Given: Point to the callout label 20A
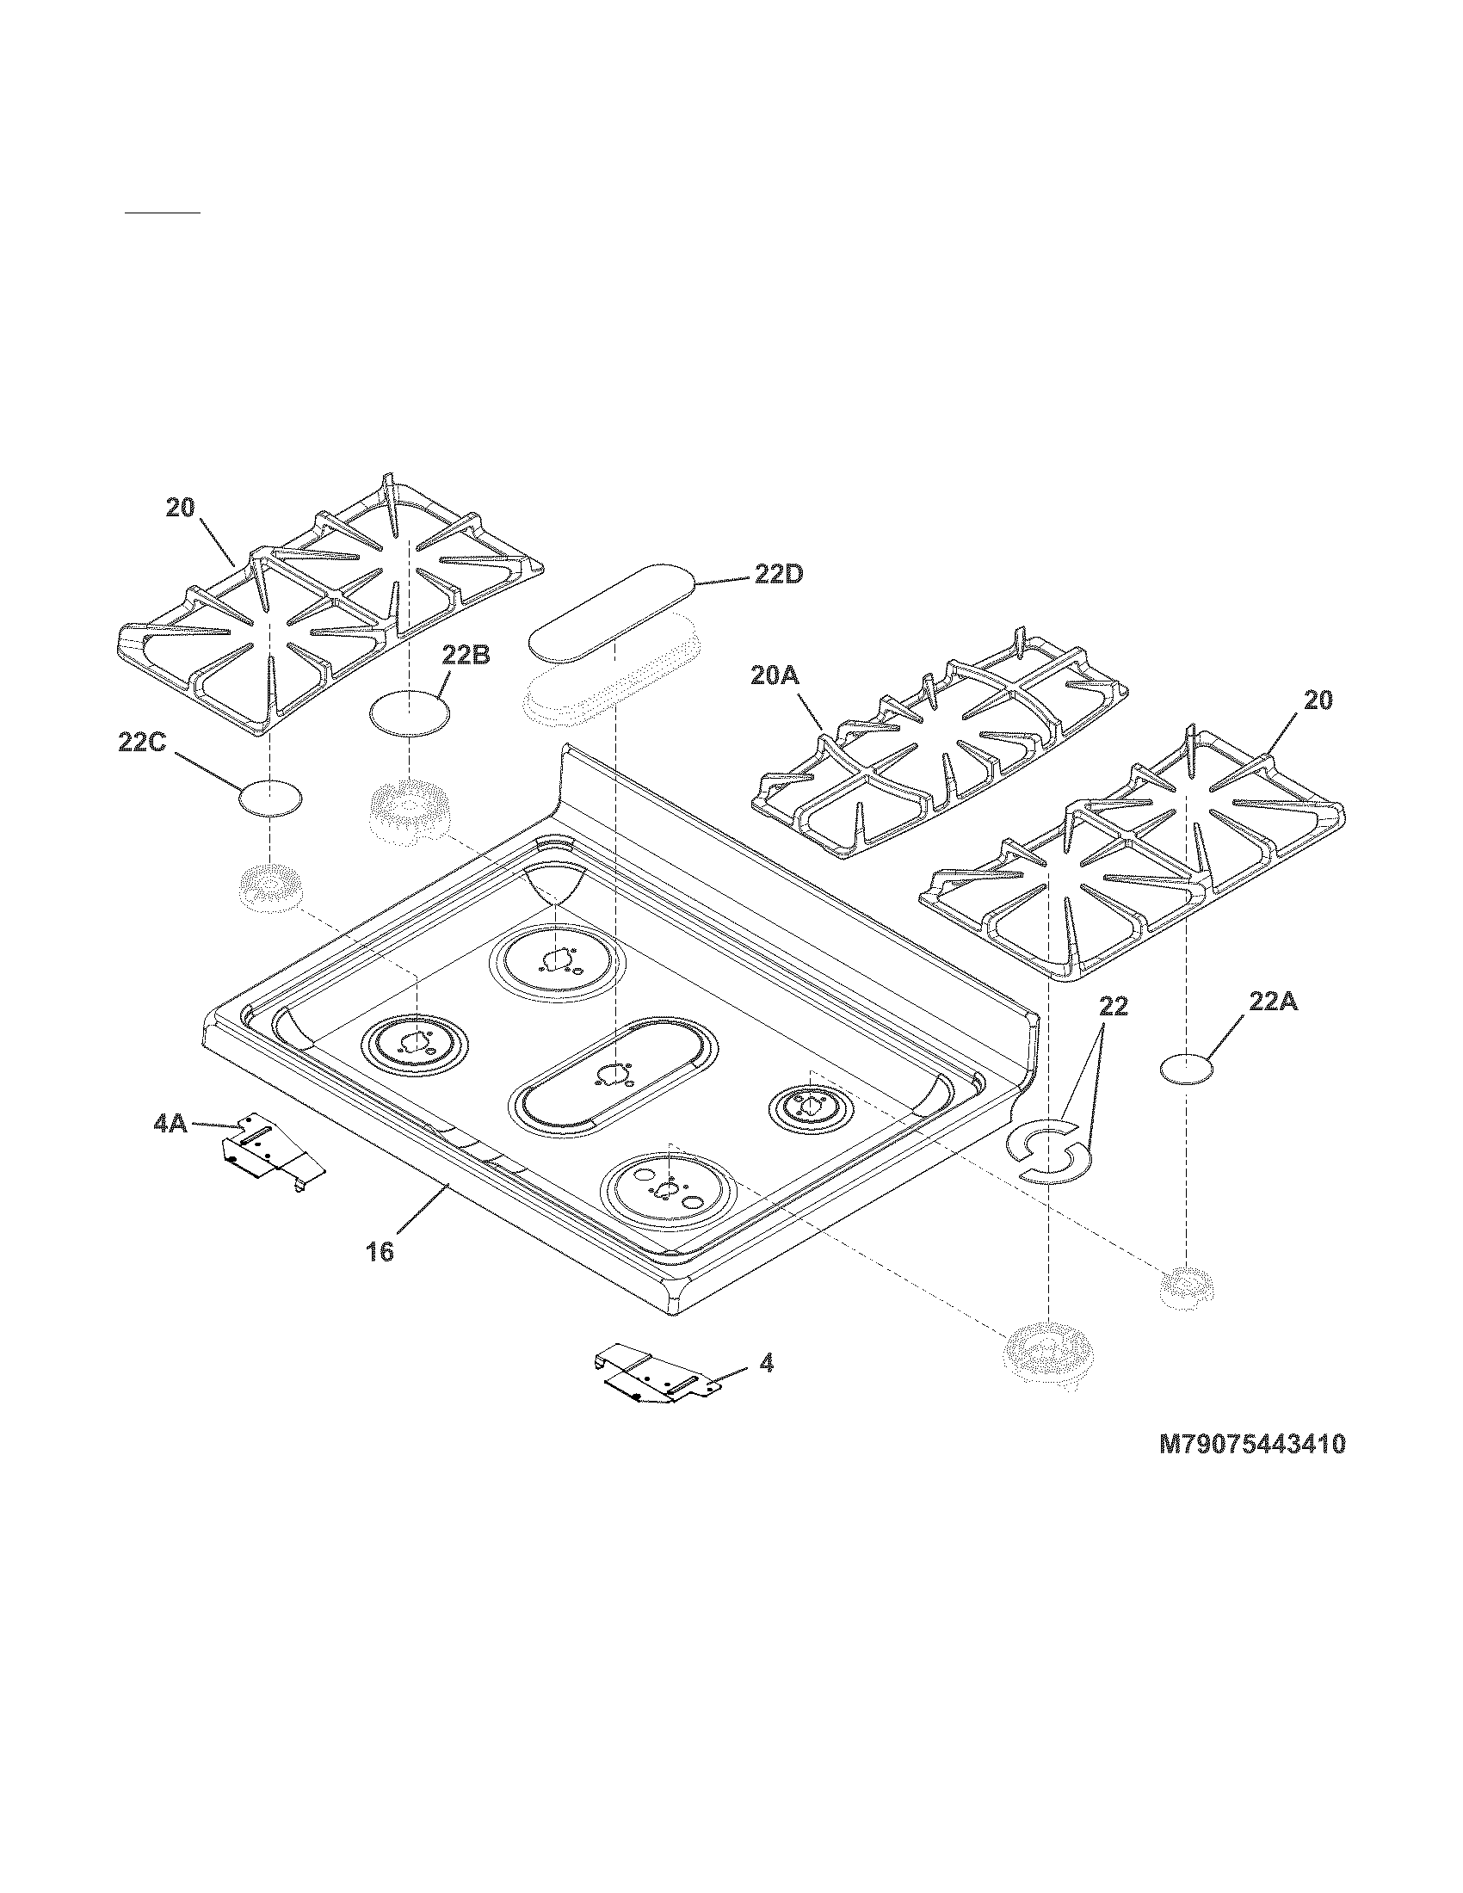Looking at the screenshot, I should [774, 676].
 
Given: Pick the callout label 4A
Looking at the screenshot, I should [170, 1125].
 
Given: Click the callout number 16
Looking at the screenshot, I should [380, 1251].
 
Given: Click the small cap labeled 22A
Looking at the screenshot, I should [1187, 1070].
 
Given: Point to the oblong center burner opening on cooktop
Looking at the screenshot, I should [614, 1076].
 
